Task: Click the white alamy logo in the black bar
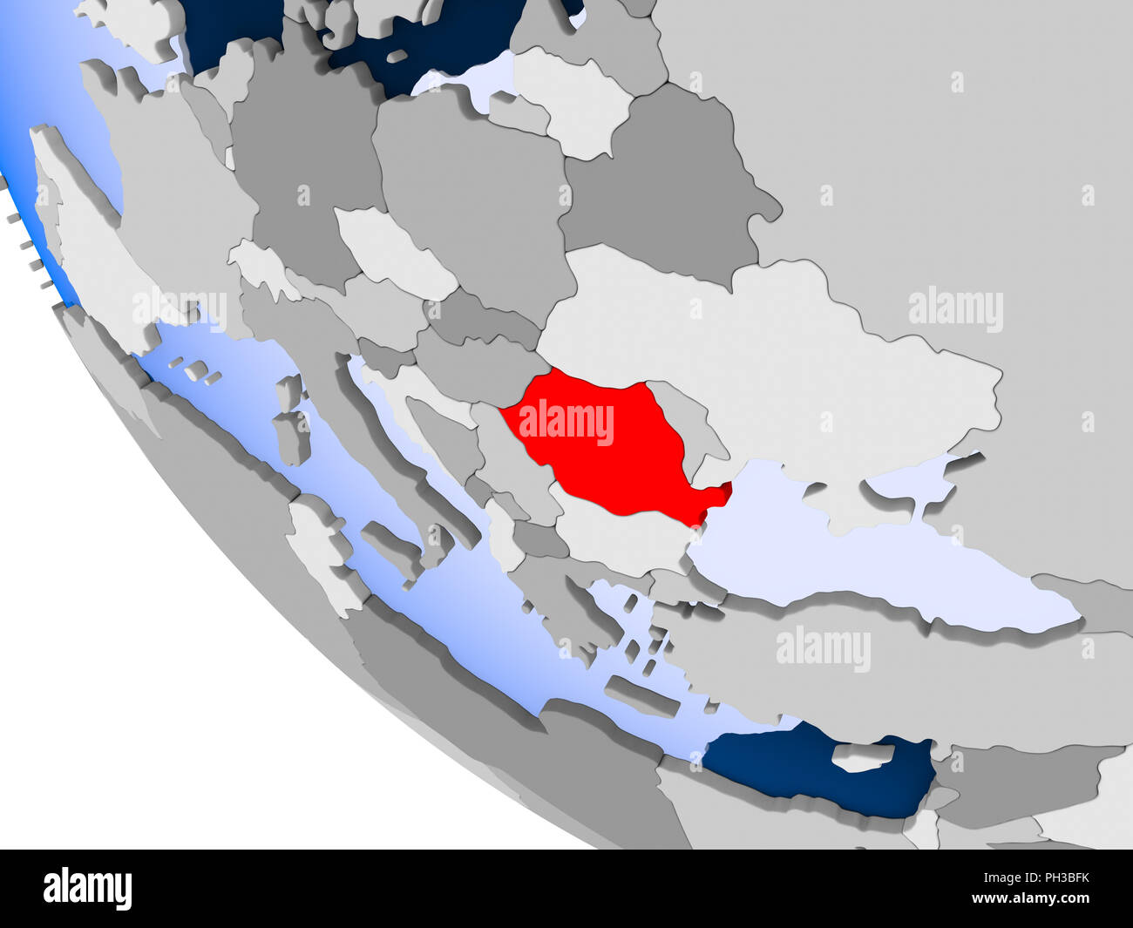click(88, 887)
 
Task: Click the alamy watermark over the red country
click(566, 422)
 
